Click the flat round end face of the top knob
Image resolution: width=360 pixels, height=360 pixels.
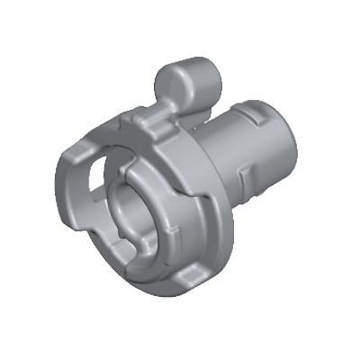click(x=172, y=84)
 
